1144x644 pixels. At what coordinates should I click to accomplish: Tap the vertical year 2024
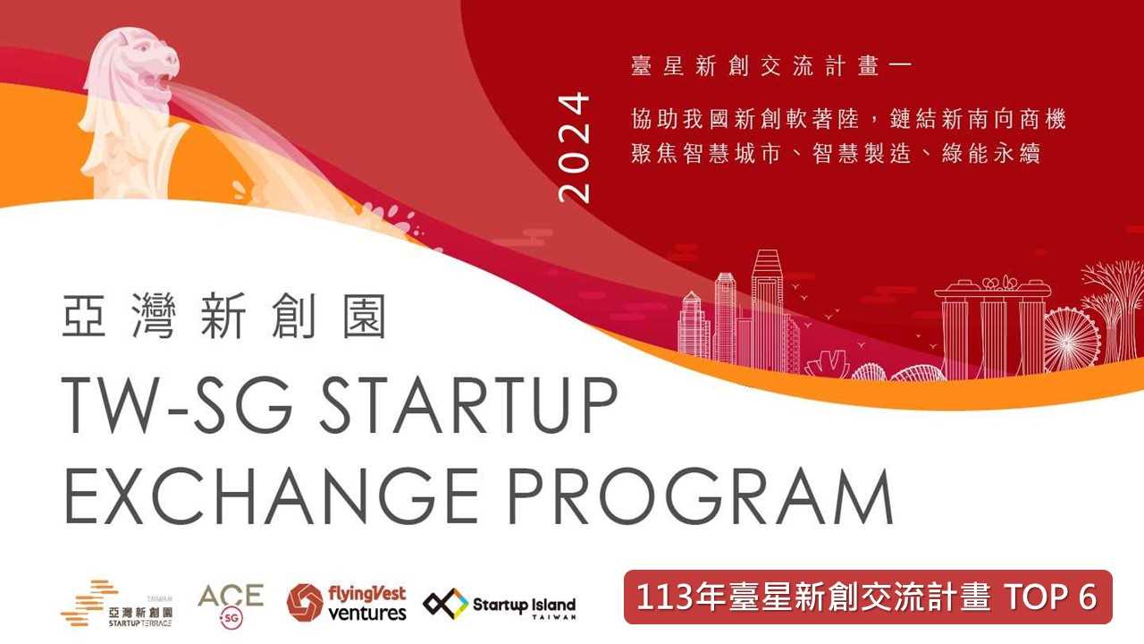point(574,148)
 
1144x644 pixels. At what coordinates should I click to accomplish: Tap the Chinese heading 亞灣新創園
point(223,316)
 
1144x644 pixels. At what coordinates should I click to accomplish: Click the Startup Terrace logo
point(117,603)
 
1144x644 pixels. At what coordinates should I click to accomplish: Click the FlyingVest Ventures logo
point(346,603)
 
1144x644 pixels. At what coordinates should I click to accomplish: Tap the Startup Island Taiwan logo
point(500,604)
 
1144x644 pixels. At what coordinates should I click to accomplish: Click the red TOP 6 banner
point(868,597)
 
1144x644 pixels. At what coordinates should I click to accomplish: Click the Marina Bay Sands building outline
point(993,327)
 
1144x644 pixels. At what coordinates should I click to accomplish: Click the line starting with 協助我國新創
point(848,119)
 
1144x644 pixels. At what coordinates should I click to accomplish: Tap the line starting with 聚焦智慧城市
point(836,153)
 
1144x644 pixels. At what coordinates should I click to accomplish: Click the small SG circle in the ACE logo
point(231,618)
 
